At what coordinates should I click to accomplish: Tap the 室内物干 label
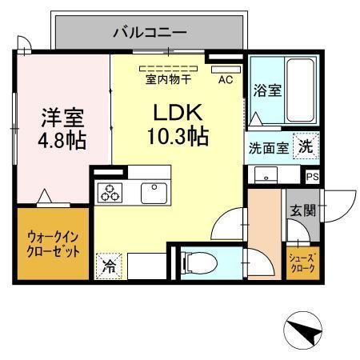click(168, 78)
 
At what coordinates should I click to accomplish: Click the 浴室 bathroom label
click(266, 90)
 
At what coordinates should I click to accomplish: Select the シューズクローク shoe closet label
click(304, 262)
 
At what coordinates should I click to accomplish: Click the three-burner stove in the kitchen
click(110, 192)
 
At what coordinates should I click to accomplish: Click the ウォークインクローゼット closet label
click(54, 244)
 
